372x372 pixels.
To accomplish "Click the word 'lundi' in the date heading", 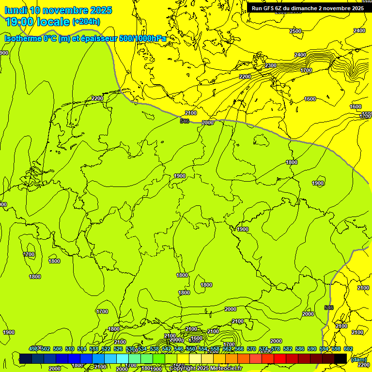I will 16,10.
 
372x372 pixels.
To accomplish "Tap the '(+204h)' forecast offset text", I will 86,22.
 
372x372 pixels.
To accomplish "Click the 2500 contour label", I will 295,31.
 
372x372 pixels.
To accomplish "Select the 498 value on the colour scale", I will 33,349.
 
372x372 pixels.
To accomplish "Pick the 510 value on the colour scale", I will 69,349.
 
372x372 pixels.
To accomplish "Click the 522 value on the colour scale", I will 106,349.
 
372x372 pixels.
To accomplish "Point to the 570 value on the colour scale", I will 251,349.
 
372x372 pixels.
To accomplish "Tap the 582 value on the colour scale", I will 288,349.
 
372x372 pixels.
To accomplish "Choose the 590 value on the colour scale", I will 312,349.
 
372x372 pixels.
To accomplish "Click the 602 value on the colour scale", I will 348,349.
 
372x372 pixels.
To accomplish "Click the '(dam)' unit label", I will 359,359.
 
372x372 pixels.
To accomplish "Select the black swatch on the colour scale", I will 341,358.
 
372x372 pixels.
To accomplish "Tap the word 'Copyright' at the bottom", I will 184,369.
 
